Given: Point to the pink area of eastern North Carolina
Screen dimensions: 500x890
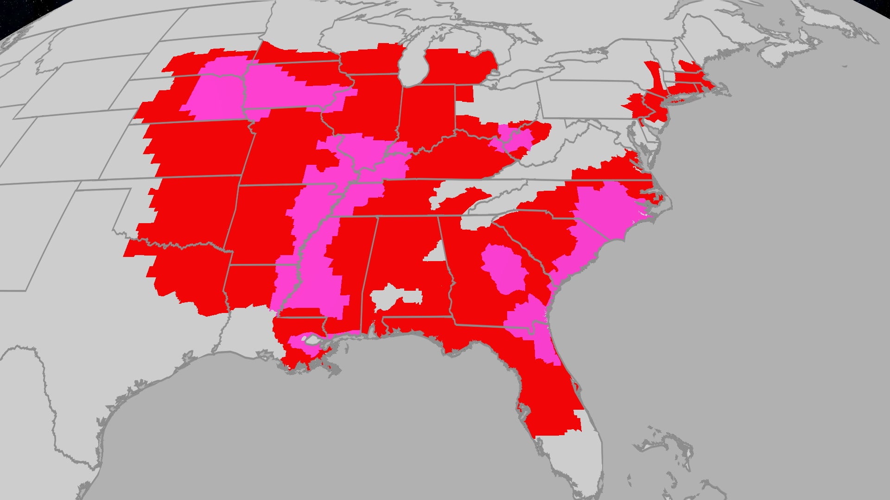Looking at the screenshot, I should pos(607,208).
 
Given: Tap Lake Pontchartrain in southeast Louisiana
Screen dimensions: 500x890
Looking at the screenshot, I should pos(311,341).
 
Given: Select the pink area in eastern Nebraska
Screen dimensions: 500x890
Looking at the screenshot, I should pos(213,93).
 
